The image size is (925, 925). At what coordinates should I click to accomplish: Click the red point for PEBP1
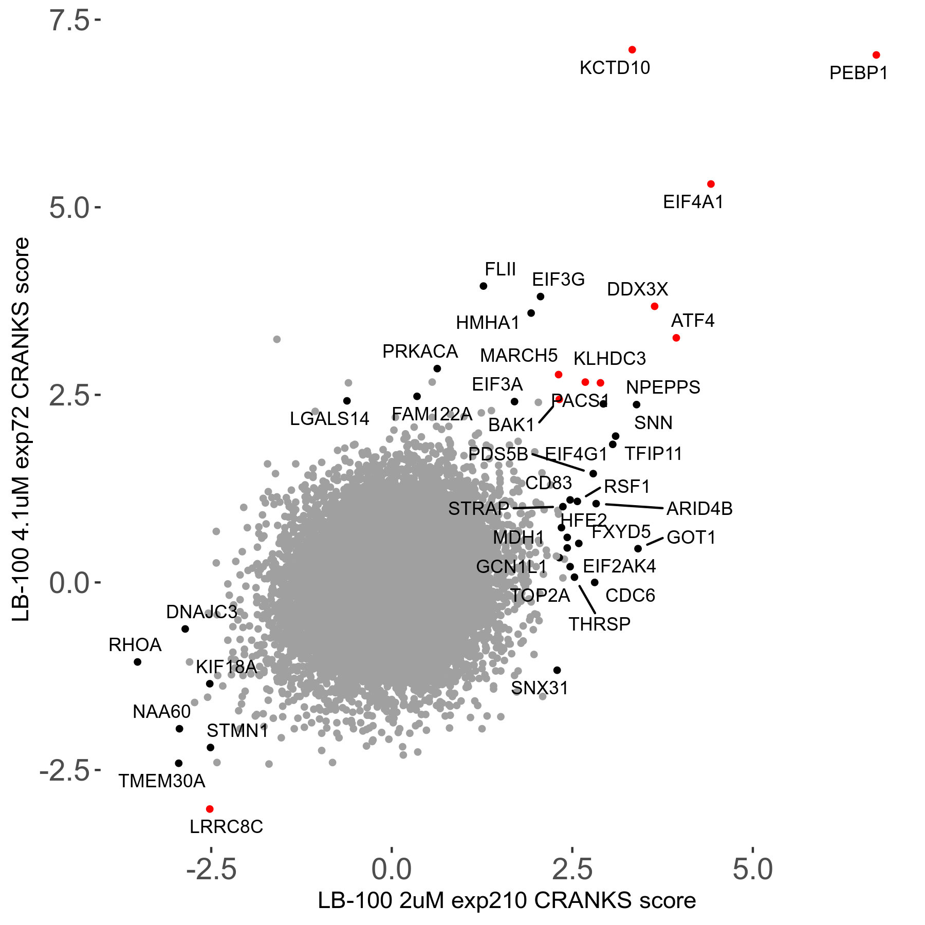tap(876, 55)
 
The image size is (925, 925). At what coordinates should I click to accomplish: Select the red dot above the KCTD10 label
tap(632, 50)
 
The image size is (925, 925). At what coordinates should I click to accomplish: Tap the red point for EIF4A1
tap(711, 184)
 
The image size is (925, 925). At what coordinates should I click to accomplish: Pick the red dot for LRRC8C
tap(210, 809)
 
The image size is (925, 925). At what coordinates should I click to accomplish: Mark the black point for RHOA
tap(138, 662)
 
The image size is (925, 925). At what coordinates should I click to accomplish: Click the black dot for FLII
tap(484, 286)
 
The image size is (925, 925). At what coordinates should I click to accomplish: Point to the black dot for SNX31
tap(557, 670)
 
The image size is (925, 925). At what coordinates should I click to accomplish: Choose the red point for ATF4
tap(676, 338)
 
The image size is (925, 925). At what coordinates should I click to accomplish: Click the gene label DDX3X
tap(637, 290)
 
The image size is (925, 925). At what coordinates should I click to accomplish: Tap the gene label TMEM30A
tap(162, 781)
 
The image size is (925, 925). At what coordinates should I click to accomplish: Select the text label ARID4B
tap(699, 509)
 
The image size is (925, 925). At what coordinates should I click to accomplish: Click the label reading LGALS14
tap(329, 419)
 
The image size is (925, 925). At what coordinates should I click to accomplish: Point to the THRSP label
tap(599, 624)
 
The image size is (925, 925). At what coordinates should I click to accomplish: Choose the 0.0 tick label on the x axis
tap(392, 870)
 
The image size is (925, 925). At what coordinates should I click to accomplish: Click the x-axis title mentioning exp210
tap(507, 901)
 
